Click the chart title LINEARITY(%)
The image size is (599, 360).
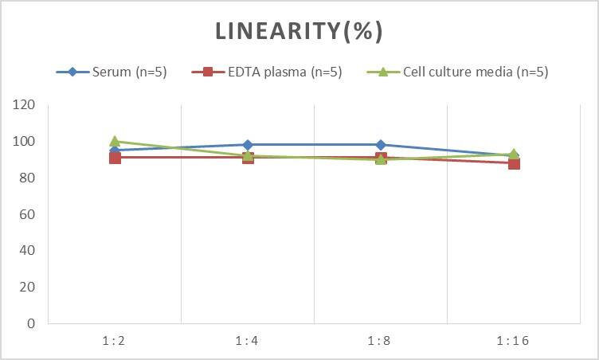coord(299,30)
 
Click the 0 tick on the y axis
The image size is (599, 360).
coord(32,323)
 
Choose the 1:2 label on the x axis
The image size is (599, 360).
coord(115,341)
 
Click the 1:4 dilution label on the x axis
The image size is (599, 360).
coord(248,341)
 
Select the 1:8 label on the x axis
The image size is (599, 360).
coord(381,341)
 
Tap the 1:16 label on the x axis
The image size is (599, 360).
coord(514,341)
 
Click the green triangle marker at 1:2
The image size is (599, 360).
coord(115,141)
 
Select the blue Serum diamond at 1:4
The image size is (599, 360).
coord(248,145)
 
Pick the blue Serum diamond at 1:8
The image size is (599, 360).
coord(381,145)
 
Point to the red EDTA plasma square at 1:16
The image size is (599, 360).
coord(514,163)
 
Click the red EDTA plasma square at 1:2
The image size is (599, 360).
coord(115,158)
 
